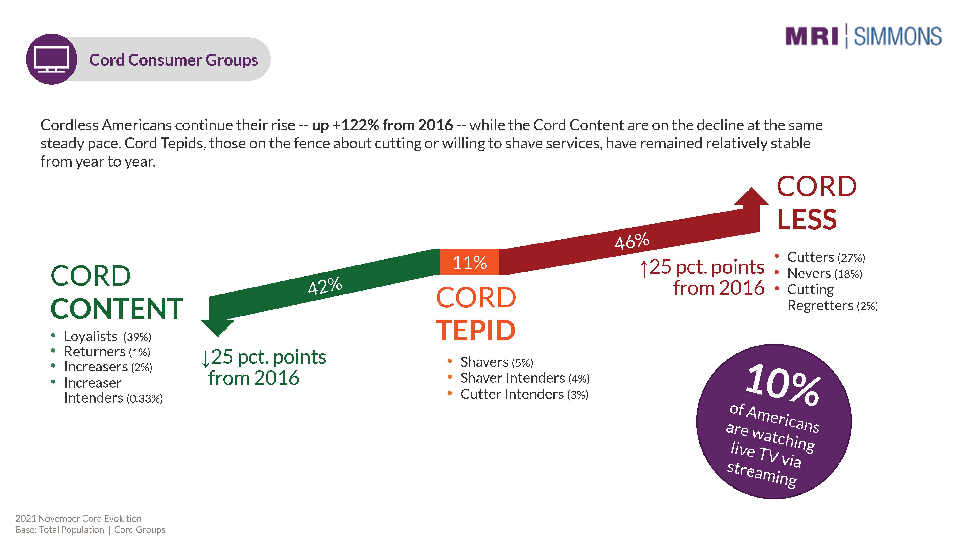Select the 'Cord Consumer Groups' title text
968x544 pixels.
click(173, 60)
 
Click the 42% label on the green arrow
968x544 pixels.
click(325, 285)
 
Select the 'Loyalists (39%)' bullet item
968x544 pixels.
click(107, 336)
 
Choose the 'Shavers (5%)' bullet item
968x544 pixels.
click(496, 362)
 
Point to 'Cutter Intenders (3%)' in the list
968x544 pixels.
click(524, 394)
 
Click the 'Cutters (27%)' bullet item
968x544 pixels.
click(825, 257)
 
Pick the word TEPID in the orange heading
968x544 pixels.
click(475, 330)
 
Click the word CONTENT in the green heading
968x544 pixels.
click(117, 309)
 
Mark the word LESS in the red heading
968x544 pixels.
click(806, 220)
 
